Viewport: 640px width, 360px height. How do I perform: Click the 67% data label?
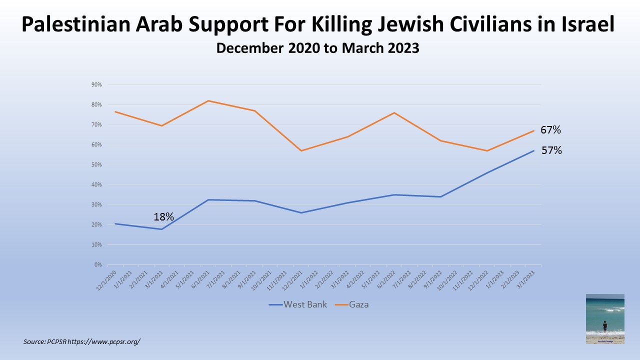click(550, 130)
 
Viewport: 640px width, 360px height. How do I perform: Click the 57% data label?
click(551, 150)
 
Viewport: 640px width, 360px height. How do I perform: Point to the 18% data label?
click(163, 216)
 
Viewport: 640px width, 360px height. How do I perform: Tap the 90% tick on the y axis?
click(96, 85)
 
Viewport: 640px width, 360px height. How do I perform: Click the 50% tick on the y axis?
click(96, 165)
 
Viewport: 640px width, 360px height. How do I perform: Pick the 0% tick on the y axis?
click(98, 265)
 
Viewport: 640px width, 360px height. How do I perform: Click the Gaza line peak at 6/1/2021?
click(208, 101)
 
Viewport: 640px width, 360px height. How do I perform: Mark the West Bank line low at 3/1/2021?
click(161, 229)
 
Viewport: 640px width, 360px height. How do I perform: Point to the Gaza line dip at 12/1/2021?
click(301, 150)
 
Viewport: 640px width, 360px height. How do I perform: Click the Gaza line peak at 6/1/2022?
click(394, 112)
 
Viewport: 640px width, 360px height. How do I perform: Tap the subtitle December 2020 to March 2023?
click(317, 49)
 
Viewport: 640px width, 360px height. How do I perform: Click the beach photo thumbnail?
click(605, 318)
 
